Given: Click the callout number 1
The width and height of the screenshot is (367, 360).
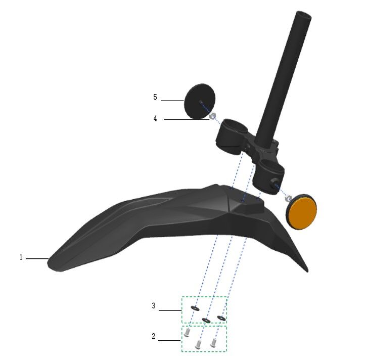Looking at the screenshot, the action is (21, 257).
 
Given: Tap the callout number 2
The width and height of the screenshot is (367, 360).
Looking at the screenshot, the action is (154, 336).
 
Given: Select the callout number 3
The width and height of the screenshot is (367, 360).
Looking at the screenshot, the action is (154, 306).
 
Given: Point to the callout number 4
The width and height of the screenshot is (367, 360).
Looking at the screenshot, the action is (155, 118).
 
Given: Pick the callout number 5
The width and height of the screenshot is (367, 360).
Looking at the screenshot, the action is (155, 97).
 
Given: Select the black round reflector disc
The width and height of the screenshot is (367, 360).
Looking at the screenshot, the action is (200, 102).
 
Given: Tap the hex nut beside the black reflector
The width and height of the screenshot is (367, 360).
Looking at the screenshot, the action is (212, 116).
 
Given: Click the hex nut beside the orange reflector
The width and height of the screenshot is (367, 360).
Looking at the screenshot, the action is (288, 199).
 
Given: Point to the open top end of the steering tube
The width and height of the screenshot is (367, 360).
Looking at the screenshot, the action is (304, 16).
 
